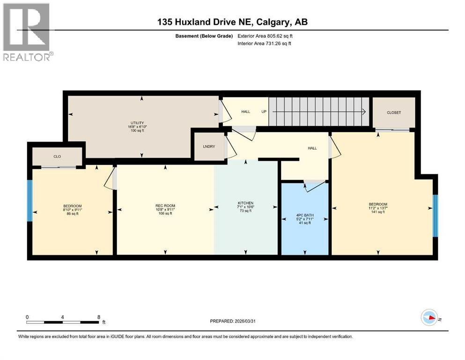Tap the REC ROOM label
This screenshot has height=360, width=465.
pyautogui.click(x=165, y=206)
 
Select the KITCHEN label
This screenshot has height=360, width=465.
pyautogui.click(x=245, y=203)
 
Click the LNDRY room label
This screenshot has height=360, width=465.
pyautogui.click(x=209, y=147)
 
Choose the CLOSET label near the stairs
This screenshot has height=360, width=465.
pyautogui.click(x=393, y=113)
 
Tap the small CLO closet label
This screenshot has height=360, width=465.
pyautogui.click(x=57, y=157)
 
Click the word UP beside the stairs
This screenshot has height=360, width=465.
pyautogui.click(x=264, y=112)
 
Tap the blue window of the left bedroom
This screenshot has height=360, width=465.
pyautogui.click(x=30, y=201)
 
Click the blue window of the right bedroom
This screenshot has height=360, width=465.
pyautogui.click(x=435, y=215)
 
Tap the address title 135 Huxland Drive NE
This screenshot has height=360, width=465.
pyautogui.click(x=232, y=22)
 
